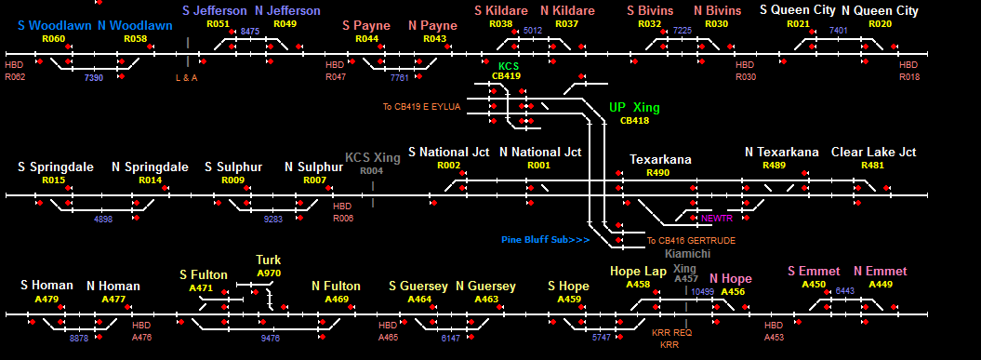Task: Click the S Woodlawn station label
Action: (55, 26)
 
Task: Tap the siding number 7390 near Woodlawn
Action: (95, 77)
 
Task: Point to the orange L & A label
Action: (187, 77)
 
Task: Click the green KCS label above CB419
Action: (509, 66)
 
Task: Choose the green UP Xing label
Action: (634, 108)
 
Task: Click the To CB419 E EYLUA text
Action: (421, 107)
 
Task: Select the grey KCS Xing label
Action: (373, 158)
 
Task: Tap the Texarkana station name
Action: (661, 159)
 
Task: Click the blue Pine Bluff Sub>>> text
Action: (546, 240)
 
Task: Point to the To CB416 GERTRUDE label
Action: (691, 240)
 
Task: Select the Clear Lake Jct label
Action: (873, 153)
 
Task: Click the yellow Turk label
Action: (269, 260)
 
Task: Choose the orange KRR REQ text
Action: (672, 332)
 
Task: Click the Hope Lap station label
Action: (639, 271)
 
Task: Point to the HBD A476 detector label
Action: (141, 331)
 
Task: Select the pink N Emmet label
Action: (881, 271)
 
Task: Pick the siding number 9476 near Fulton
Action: (271, 338)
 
